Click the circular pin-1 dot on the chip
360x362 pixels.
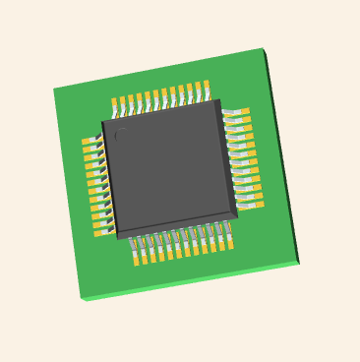(x=119, y=136)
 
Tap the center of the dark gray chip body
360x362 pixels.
(x=169, y=166)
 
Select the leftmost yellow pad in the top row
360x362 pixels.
(x=115, y=102)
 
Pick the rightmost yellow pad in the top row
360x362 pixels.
(x=207, y=87)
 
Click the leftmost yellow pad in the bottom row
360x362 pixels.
(x=136, y=260)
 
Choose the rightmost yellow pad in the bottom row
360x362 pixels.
(x=230, y=242)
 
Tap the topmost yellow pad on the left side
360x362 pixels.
(x=88, y=143)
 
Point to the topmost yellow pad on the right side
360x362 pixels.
(x=244, y=112)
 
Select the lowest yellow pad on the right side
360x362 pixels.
(x=260, y=204)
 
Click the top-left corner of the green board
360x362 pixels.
(x=53, y=90)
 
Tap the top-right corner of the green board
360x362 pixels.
(x=263, y=48)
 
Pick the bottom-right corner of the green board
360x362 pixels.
(x=299, y=263)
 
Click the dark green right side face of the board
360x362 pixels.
(x=282, y=157)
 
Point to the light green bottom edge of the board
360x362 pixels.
(x=192, y=282)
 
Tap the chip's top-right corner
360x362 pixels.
(x=215, y=100)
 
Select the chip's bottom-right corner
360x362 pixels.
(x=237, y=213)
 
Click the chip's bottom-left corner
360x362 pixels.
(x=118, y=237)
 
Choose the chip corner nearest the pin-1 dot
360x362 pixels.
(x=102, y=122)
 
